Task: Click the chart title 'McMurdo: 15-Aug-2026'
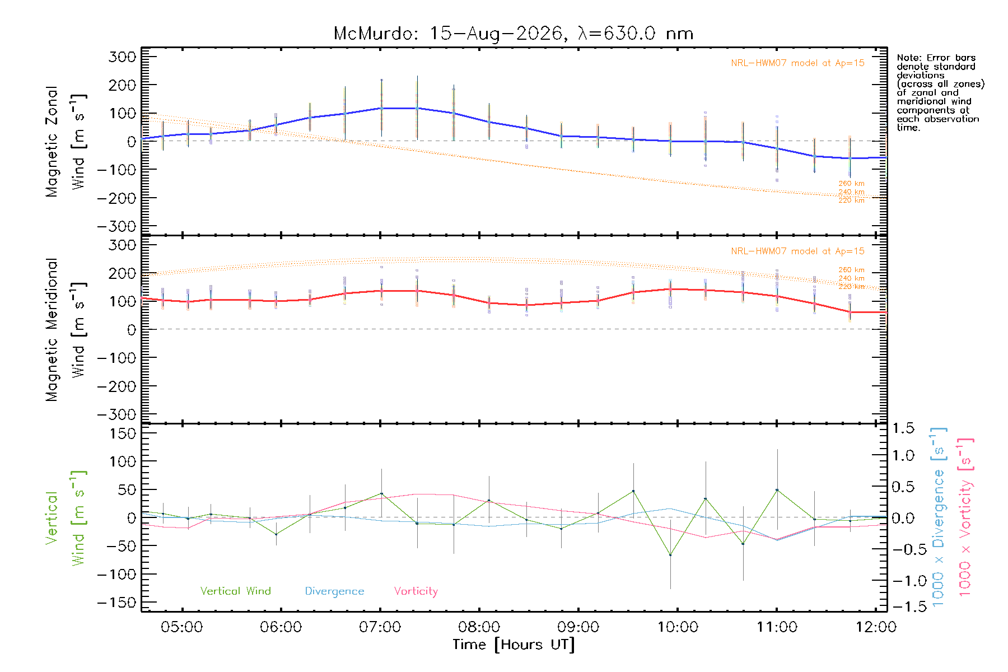coord(448,34)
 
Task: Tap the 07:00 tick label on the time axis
coord(380,627)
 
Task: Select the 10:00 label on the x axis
coord(678,627)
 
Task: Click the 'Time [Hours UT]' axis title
coord(514,645)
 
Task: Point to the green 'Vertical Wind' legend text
coord(235,591)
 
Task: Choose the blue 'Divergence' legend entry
coord(334,591)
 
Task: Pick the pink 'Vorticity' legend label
coord(416,591)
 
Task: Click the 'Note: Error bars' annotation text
coord(936,58)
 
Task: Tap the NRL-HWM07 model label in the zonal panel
coord(797,63)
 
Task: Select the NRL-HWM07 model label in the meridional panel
coord(797,251)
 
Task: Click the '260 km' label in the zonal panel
coord(851,183)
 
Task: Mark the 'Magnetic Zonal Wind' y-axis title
coord(66,142)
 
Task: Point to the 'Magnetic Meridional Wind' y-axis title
coord(66,330)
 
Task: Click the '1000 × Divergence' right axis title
coord(939,517)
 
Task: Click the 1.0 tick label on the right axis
coord(903,455)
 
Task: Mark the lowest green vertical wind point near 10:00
coord(670,555)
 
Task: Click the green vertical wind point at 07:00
coord(381,494)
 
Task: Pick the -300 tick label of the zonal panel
coord(116,226)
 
